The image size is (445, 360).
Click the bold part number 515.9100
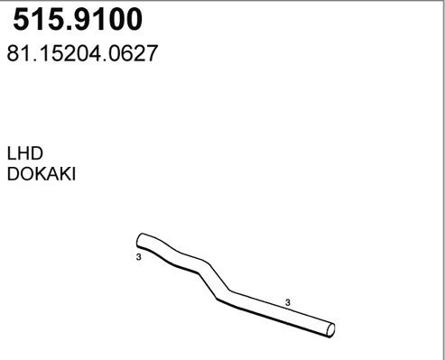coord(78,19)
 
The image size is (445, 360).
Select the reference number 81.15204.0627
coord(82,53)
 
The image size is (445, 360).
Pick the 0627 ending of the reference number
coord(133,53)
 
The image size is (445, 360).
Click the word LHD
coord(25,153)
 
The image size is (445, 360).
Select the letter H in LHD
coord(24,153)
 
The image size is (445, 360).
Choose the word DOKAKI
coord(42,174)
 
